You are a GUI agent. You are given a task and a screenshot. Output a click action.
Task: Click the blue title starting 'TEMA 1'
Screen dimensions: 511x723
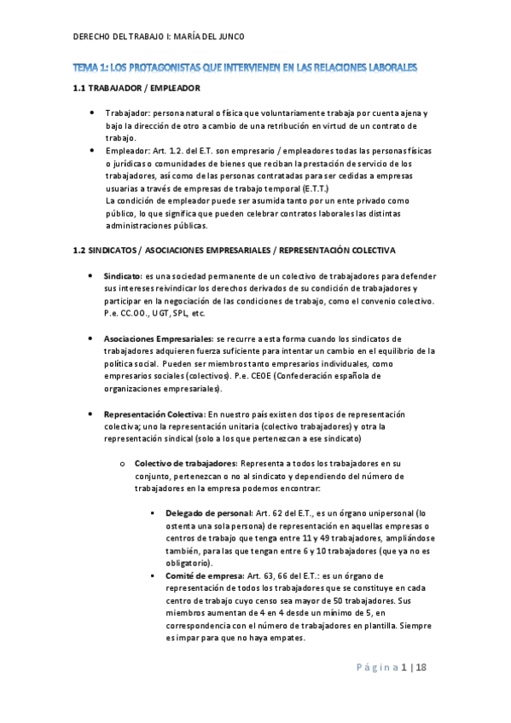click(255, 67)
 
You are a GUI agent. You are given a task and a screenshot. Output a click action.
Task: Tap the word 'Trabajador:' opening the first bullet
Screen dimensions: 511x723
click(127, 113)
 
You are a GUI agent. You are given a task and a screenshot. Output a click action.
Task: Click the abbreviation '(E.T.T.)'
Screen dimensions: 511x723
click(323, 188)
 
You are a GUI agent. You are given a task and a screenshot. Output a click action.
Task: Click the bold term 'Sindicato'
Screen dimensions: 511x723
click(123, 277)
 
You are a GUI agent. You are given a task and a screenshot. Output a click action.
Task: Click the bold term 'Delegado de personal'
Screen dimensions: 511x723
click(208, 513)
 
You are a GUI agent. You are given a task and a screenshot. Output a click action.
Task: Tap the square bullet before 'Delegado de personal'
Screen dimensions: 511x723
click(151, 513)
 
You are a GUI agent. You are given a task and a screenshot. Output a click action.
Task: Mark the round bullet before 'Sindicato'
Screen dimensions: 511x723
click(92, 277)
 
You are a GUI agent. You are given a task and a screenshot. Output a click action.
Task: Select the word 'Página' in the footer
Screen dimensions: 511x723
click(375, 667)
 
